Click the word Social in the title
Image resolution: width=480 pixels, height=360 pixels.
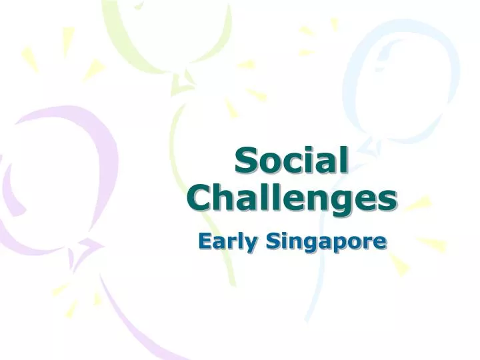[291, 162]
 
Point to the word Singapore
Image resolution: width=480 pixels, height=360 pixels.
[326, 241]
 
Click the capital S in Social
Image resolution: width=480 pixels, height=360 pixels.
[247, 163]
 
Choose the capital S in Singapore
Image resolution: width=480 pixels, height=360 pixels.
[273, 241]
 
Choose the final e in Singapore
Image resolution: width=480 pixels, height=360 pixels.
[380, 243]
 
